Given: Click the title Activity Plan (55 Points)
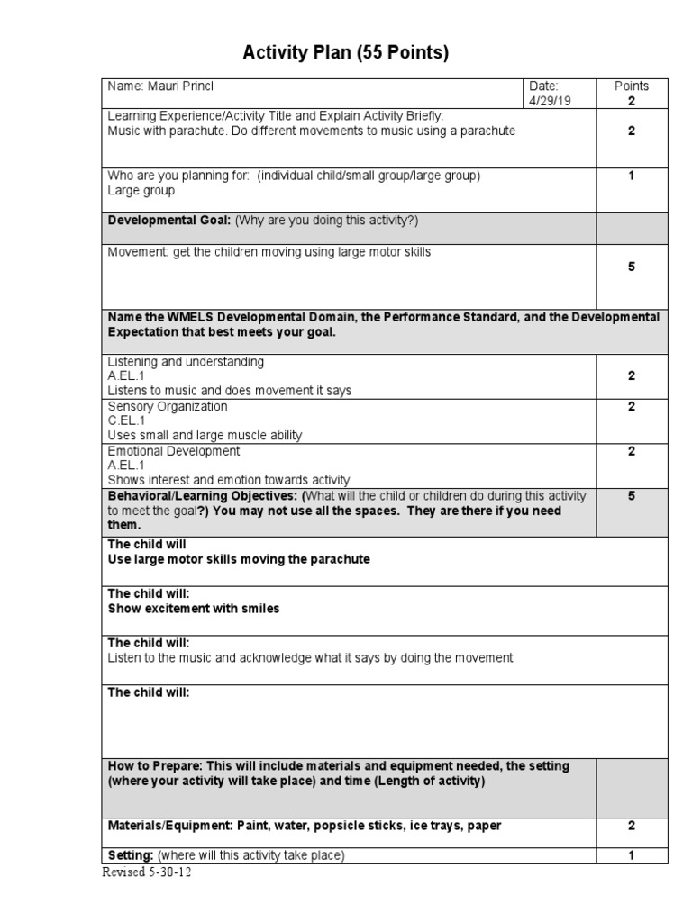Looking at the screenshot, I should (345, 54).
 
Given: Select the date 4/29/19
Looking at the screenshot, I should (550, 102).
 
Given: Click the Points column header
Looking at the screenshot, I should (631, 86).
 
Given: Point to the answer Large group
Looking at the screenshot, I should (141, 191).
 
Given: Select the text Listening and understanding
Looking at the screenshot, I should (186, 362).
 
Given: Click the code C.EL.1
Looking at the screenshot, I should (126, 420).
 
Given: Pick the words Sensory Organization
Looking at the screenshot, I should (168, 406).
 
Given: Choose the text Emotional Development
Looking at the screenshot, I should (174, 451).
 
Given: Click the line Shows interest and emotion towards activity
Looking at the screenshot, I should (229, 480).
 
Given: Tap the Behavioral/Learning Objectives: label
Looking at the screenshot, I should (204, 496).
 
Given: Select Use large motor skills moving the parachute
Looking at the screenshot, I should (239, 559).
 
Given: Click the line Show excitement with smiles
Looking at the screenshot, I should (194, 609).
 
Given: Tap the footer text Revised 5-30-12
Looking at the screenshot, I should (146, 873).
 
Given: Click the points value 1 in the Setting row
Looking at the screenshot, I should (631, 855).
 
